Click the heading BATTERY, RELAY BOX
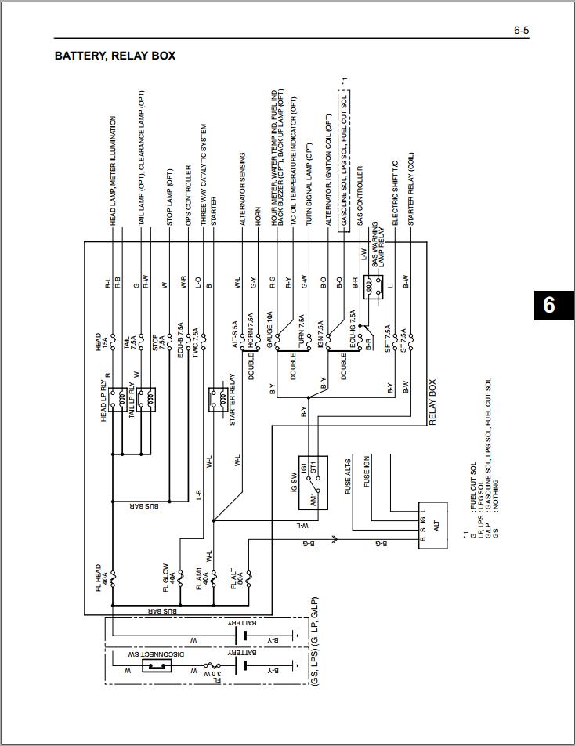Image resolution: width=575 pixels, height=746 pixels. [114, 56]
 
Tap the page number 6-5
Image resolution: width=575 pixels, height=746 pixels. [521, 31]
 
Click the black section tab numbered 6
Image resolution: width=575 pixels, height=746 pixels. [548, 305]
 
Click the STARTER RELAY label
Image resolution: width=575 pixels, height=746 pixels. [233, 400]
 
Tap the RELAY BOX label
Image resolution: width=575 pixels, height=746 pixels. [432, 403]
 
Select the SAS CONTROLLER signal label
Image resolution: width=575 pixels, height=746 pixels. [360, 196]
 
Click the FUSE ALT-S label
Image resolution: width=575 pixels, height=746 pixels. [349, 475]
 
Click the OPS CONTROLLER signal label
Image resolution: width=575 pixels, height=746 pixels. [188, 195]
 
